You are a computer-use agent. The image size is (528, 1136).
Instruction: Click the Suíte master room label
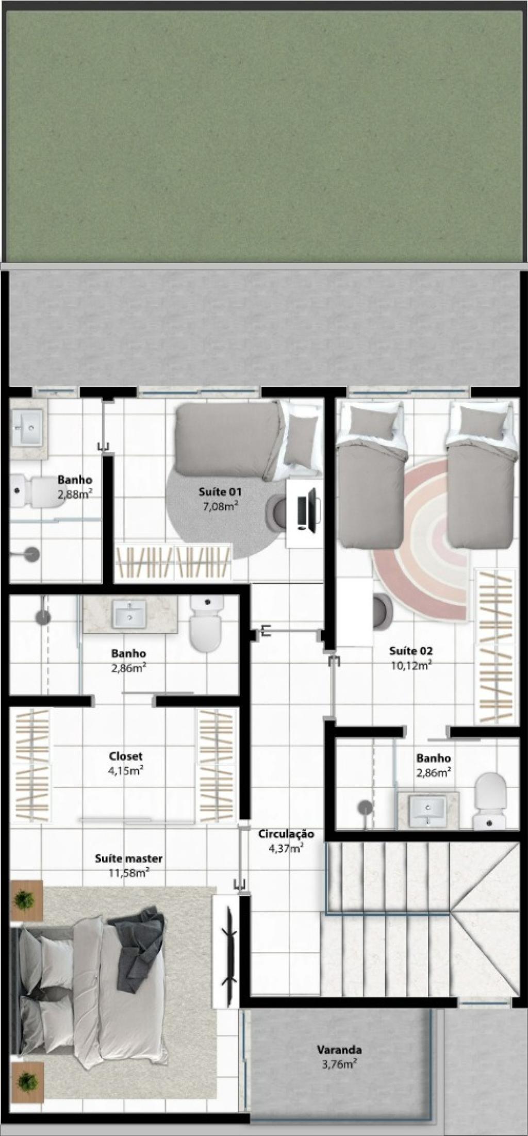(128, 859)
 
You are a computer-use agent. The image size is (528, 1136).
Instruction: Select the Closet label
(126, 756)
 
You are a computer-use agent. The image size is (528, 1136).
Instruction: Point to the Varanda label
(339, 1049)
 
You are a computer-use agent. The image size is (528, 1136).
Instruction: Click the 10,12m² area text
(411, 665)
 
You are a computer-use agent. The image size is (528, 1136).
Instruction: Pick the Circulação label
(286, 834)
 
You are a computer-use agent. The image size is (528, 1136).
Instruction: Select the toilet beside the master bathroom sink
(206, 623)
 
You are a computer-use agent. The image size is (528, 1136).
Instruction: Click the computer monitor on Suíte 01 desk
(311, 509)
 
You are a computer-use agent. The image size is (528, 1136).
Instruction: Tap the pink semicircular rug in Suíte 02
(420, 539)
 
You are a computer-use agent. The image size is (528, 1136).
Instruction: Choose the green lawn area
(264, 136)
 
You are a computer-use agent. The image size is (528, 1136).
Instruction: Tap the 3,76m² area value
(339, 1064)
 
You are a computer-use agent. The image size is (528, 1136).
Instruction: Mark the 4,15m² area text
(126, 771)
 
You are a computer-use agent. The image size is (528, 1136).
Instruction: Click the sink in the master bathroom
(129, 615)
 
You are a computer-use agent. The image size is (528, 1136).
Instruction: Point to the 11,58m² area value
(129, 873)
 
